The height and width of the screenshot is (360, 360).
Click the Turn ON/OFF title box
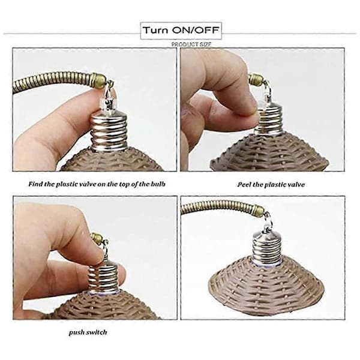click(181, 31)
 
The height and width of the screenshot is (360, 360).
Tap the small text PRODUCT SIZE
click(191, 44)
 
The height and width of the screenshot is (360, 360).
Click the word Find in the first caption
click(35, 184)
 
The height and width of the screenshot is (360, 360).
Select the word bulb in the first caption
click(158, 184)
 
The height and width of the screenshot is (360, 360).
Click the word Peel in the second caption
click(244, 185)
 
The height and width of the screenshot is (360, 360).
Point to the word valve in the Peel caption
click(297, 185)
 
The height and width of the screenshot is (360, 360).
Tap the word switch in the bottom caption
click(97, 332)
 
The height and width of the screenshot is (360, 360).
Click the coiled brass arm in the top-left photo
click(55, 81)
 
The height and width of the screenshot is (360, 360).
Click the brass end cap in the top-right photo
click(256, 79)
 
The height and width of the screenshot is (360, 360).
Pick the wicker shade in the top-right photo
click(271, 152)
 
